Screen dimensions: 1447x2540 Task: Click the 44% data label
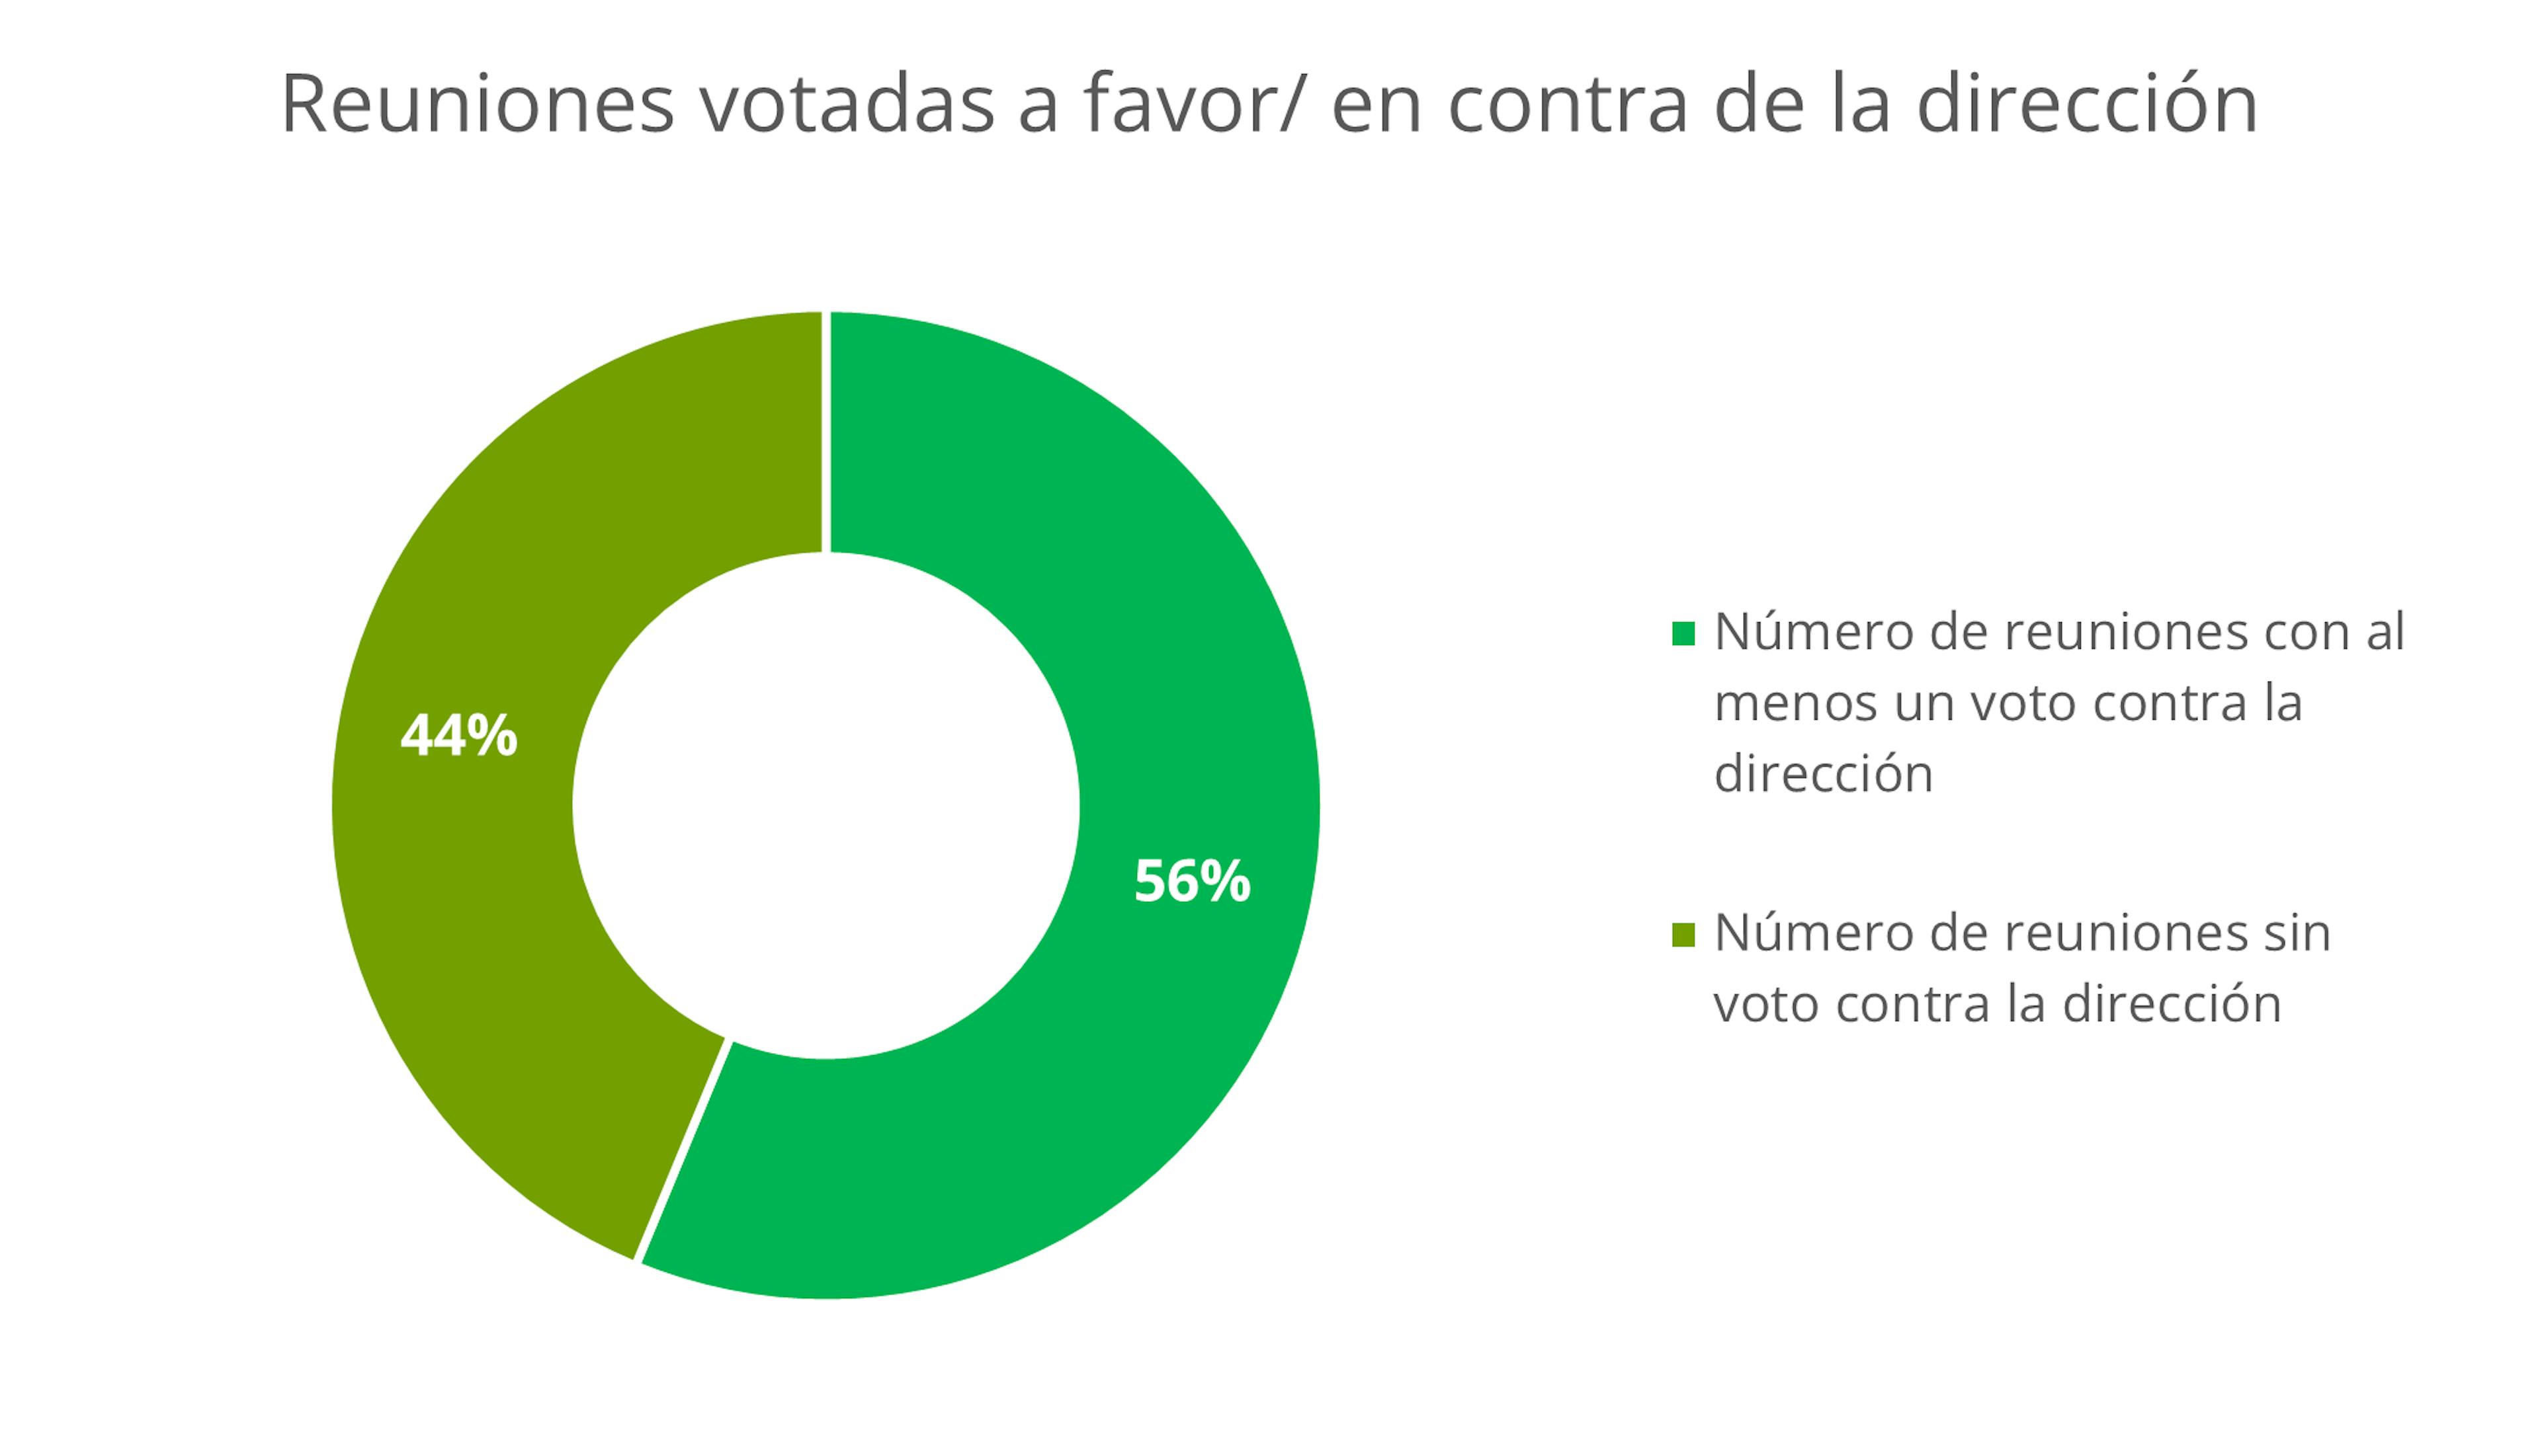click(x=458, y=736)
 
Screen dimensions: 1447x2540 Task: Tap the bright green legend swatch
click(x=1683, y=633)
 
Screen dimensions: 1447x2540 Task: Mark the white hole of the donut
click(x=825, y=805)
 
